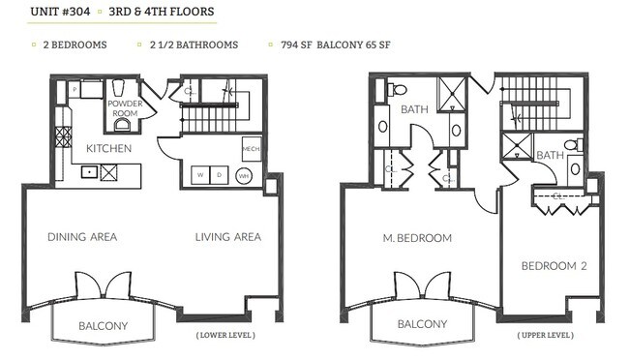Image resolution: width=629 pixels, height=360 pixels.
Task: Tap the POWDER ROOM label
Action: (124, 107)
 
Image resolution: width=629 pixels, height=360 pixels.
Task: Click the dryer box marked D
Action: (220, 175)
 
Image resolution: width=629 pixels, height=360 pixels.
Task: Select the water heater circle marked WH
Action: (245, 176)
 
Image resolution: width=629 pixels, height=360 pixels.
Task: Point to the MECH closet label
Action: (250, 148)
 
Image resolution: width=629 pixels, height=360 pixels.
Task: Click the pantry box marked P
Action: (75, 88)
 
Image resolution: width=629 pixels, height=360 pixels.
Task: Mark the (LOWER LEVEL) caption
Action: (226, 336)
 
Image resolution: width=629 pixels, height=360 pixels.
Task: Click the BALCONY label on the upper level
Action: (422, 325)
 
